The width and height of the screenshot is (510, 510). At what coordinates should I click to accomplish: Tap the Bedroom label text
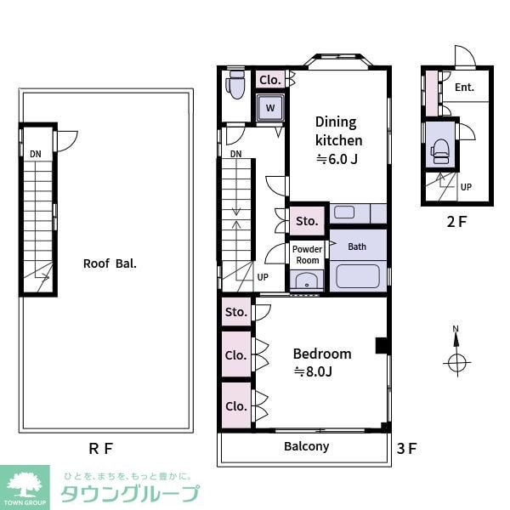[x=322, y=354]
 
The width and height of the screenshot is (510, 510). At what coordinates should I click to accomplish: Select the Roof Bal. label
[x=110, y=263]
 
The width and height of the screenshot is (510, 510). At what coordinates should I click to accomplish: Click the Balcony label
[x=306, y=446]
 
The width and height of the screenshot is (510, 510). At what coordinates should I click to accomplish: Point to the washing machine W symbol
[x=270, y=108]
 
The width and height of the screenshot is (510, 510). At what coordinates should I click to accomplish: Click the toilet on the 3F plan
[x=236, y=84]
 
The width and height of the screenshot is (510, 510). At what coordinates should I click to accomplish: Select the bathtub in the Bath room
[x=357, y=276]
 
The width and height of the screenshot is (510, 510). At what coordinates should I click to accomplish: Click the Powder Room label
[x=307, y=254]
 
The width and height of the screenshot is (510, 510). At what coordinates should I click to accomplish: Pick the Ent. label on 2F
[x=464, y=88]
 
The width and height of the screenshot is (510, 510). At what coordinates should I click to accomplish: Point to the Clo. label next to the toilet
[x=270, y=80]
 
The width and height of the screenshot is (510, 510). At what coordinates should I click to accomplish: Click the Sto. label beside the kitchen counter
[x=307, y=221]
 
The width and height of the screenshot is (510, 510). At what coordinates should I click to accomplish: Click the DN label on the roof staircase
[x=35, y=153]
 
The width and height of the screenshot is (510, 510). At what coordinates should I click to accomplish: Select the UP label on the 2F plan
[x=466, y=187]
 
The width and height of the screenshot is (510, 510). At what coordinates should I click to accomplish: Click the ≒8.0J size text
[x=312, y=371]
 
